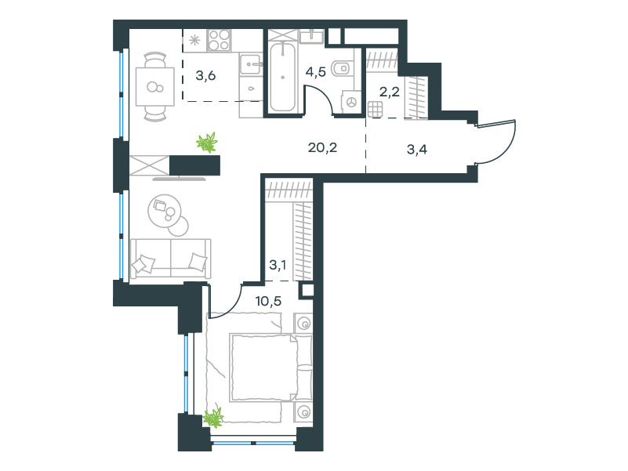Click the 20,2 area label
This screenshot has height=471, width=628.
click(322, 148)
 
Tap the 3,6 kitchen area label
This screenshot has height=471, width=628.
click(206, 75)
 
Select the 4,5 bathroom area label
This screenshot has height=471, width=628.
click(316, 72)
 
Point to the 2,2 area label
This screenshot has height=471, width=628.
click(390, 92)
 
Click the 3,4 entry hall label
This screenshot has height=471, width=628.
click(417, 150)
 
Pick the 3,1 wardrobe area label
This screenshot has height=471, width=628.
click(278, 265)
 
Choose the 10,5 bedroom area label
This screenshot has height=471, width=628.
click(268, 301)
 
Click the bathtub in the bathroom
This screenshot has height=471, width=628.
click(283, 77)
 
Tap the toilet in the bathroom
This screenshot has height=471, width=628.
click(343, 68)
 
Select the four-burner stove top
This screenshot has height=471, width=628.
click(219, 41)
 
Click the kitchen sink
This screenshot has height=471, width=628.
click(251, 64)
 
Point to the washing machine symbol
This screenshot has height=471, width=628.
click(351, 102)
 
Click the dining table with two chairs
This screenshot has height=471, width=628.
click(155, 86)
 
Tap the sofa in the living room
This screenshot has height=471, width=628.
click(171, 259)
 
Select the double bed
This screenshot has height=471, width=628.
click(270, 368)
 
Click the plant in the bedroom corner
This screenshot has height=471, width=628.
click(213, 418)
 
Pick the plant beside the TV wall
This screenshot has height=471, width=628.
click(207, 142)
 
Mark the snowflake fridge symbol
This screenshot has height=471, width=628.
click(194, 41)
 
